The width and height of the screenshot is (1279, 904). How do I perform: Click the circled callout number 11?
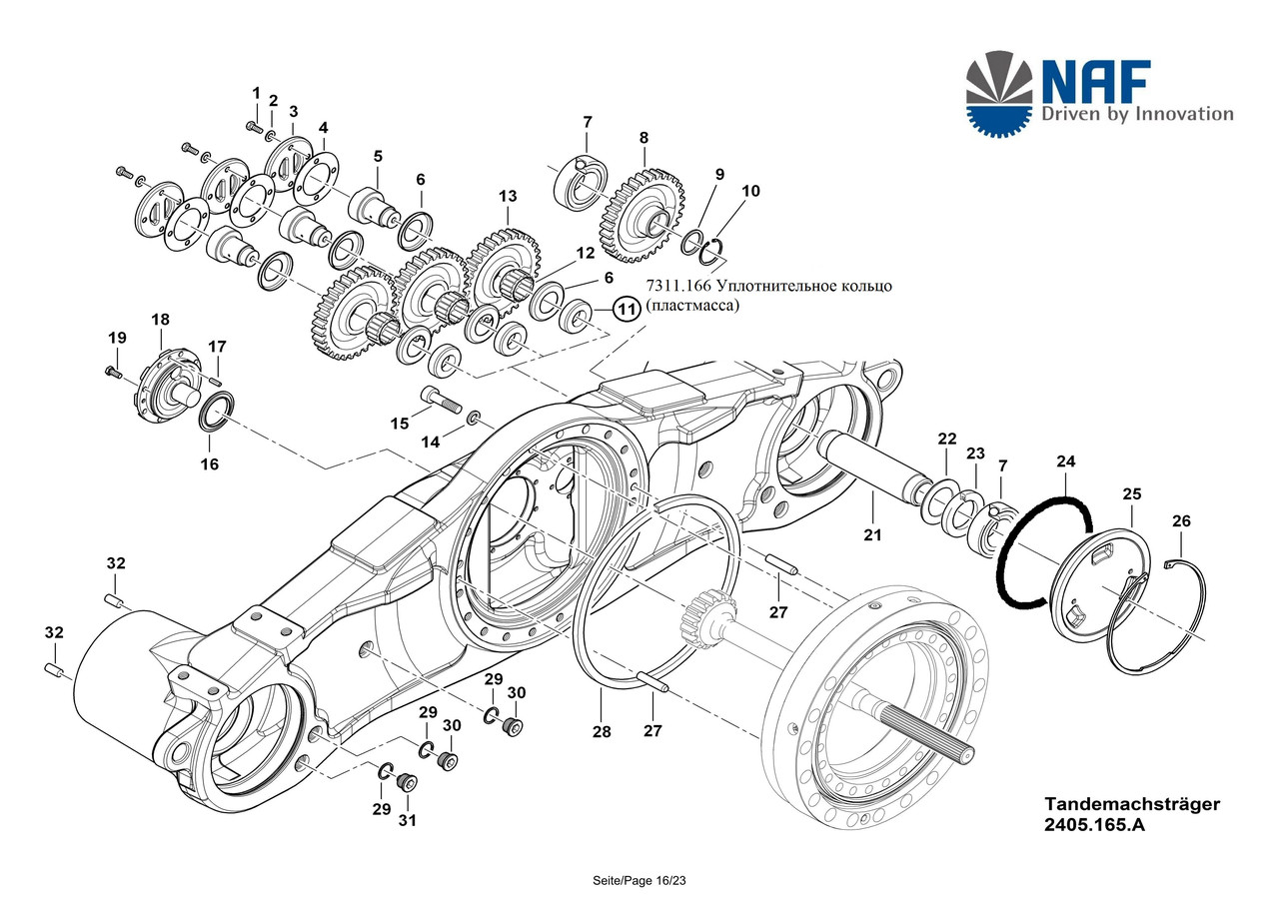pyautogui.click(x=627, y=310)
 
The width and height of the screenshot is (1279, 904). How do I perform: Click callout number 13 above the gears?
pyautogui.click(x=507, y=197)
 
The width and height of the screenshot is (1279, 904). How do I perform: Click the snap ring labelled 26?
pyautogui.click(x=1156, y=618)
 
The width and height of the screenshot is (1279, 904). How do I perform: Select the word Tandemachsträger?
pyautogui.click(x=1132, y=804)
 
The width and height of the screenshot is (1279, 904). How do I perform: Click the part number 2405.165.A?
pyautogui.click(x=1094, y=825)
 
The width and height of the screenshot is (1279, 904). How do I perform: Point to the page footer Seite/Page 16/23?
pyautogui.click(x=639, y=881)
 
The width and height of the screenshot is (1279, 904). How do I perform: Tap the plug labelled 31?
pyautogui.click(x=407, y=781)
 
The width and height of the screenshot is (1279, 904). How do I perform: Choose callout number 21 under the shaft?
pyautogui.click(x=872, y=534)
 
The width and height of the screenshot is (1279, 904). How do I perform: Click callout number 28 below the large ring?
pyautogui.click(x=602, y=731)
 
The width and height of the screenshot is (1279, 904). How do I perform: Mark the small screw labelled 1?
pyautogui.click(x=253, y=126)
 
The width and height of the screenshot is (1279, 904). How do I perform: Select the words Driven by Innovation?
pyautogui.click(x=1137, y=113)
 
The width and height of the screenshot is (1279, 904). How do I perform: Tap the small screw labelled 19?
pyautogui.click(x=113, y=374)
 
